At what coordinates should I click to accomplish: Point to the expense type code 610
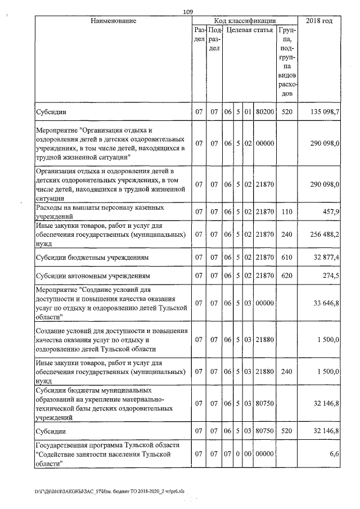point(287,257)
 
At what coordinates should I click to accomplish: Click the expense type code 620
point(287,276)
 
